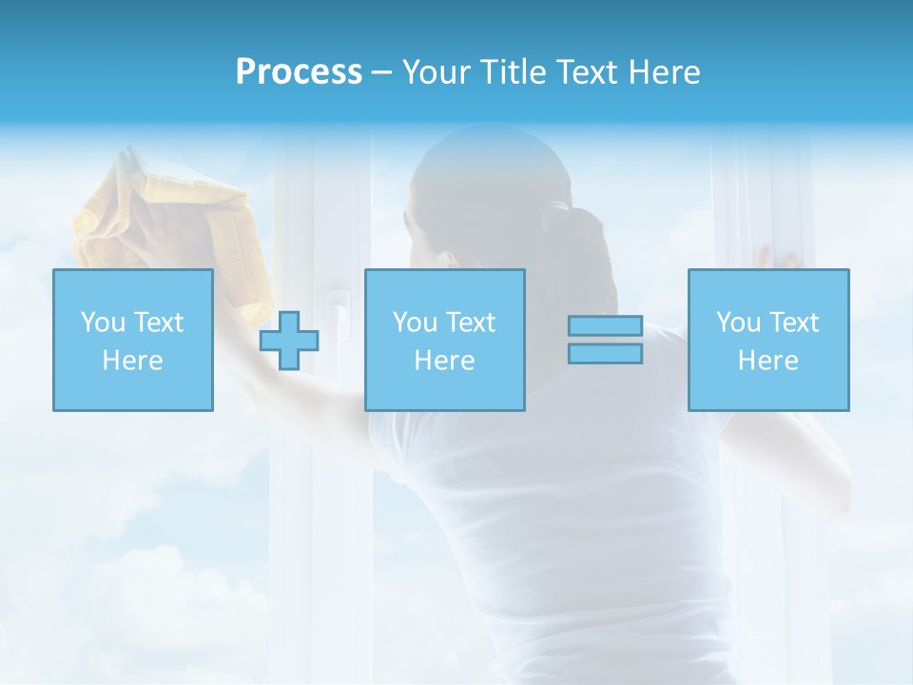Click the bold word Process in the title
(x=299, y=72)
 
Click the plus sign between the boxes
(x=289, y=341)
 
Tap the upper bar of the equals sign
(x=605, y=326)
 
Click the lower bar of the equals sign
(x=605, y=354)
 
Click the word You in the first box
(x=102, y=322)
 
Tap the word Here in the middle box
(x=444, y=361)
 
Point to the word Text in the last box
(x=795, y=322)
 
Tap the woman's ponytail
(x=572, y=257)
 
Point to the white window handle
(x=332, y=314)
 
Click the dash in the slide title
(x=381, y=73)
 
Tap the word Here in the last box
(x=767, y=361)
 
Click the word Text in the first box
(x=158, y=322)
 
